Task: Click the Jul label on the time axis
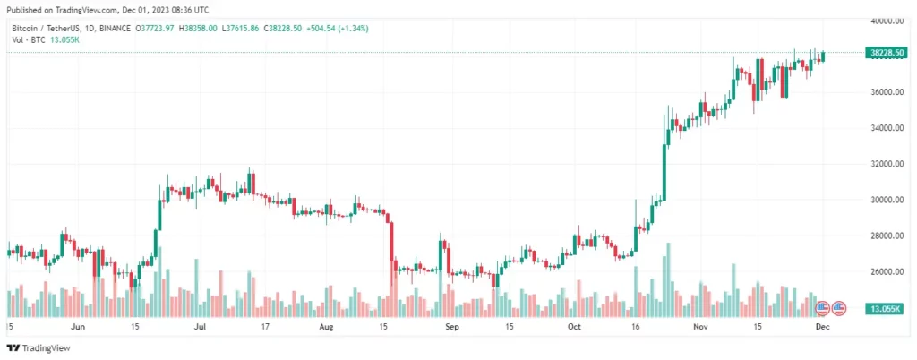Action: click(x=201, y=328)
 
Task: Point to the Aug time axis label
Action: click(x=326, y=328)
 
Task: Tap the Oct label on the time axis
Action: click(x=573, y=328)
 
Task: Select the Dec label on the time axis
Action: click(x=821, y=328)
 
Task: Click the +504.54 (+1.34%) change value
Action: click(x=336, y=29)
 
